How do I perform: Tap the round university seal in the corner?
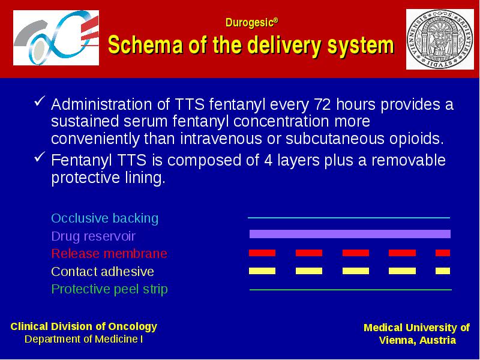coord(440,39)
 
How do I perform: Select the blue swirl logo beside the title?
coord(56,38)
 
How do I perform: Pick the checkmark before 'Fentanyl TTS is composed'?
coord(40,157)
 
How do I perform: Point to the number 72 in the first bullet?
coord(322,104)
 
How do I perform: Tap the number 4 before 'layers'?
coord(268,160)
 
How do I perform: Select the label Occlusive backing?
coord(104,218)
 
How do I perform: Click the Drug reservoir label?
coord(94,236)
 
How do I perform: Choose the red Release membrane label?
coord(109,253)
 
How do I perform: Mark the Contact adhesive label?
coord(103,272)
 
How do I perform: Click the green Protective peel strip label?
coord(110,289)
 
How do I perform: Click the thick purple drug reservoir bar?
coord(350,234)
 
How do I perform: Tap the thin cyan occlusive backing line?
coord(349,218)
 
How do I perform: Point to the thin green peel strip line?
coord(350,289)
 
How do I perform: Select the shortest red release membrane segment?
coord(443,253)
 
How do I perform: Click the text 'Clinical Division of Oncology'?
coord(84,326)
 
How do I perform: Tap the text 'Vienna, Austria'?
coord(417,340)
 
